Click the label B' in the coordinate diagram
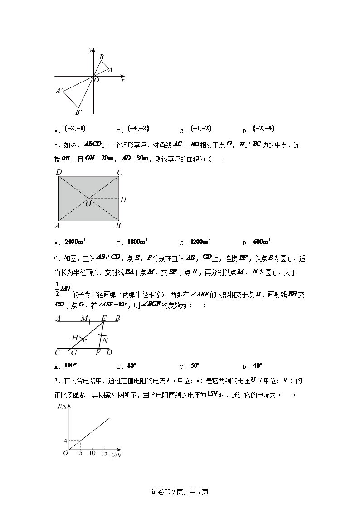click(78, 112)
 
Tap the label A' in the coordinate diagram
click(59, 91)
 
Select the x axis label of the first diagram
click(122, 80)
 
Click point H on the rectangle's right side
click(123, 199)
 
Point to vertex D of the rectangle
click(58, 172)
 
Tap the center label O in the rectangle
click(88, 204)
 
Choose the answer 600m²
click(262, 242)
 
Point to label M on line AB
click(84, 319)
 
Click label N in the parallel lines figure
click(105, 340)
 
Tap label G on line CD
click(73, 353)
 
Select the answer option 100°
click(70, 365)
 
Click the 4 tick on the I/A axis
click(65, 441)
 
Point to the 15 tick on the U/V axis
click(104, 453)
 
